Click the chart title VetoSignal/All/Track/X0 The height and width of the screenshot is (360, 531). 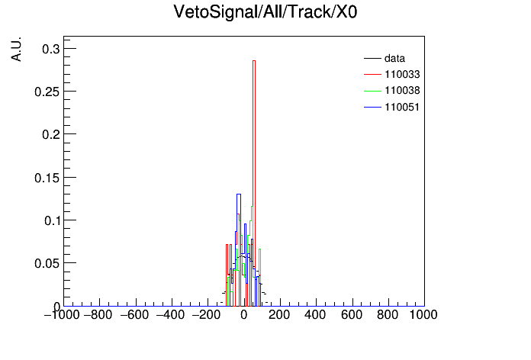click(265, 12)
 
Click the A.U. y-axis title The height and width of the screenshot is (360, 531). click(16, 49)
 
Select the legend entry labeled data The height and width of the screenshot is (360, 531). click(385, 58)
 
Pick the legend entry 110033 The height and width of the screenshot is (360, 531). click(392, 74)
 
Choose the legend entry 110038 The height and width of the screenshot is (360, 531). click(392, 91)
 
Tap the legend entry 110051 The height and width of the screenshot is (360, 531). click(392, 108)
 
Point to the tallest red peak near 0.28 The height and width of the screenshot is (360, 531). click(254, 61)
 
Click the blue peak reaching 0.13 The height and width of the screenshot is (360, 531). click(238, 194)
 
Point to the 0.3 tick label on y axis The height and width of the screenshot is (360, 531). click(51, 49)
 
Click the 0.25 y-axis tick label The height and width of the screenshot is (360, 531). click(47, 92)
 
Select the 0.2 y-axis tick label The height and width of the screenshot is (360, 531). click(51, 134)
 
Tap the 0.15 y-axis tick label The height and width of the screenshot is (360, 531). click(47, 178)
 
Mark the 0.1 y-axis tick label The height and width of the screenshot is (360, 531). click(52, 220)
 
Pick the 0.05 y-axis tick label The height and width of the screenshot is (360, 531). click(47, 263)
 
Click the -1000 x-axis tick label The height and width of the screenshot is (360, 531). click(62, 315)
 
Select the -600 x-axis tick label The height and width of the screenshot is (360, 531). click(135, 315)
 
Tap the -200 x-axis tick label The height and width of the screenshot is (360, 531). click(207, 315)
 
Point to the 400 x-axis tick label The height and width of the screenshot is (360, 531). click(315, 315)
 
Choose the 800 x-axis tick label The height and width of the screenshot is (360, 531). click(388, 315)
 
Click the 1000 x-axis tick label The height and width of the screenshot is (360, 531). click(423, 315)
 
